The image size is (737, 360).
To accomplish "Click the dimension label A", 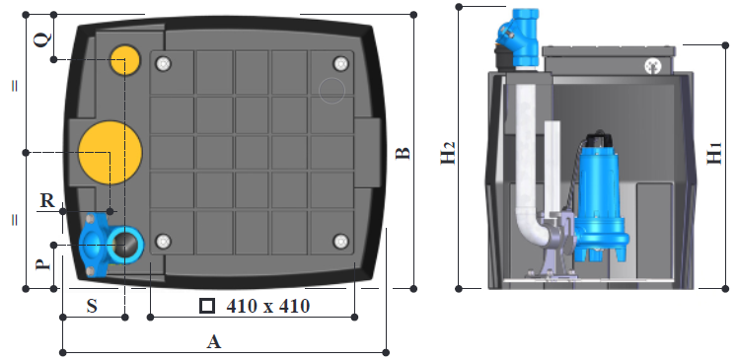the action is pos(214,341).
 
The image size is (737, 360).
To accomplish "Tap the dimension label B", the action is pos(403,153).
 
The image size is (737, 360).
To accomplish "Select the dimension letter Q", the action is pos(41,40).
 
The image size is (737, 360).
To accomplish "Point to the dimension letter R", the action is pos(47,200).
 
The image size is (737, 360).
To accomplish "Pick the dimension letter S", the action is pos(92,306).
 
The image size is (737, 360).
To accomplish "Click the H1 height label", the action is pos(715,153).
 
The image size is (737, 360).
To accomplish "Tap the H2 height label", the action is pos(448,153).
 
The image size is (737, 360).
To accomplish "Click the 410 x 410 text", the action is pos(268,306).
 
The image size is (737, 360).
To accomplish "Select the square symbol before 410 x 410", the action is pos(207,306).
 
